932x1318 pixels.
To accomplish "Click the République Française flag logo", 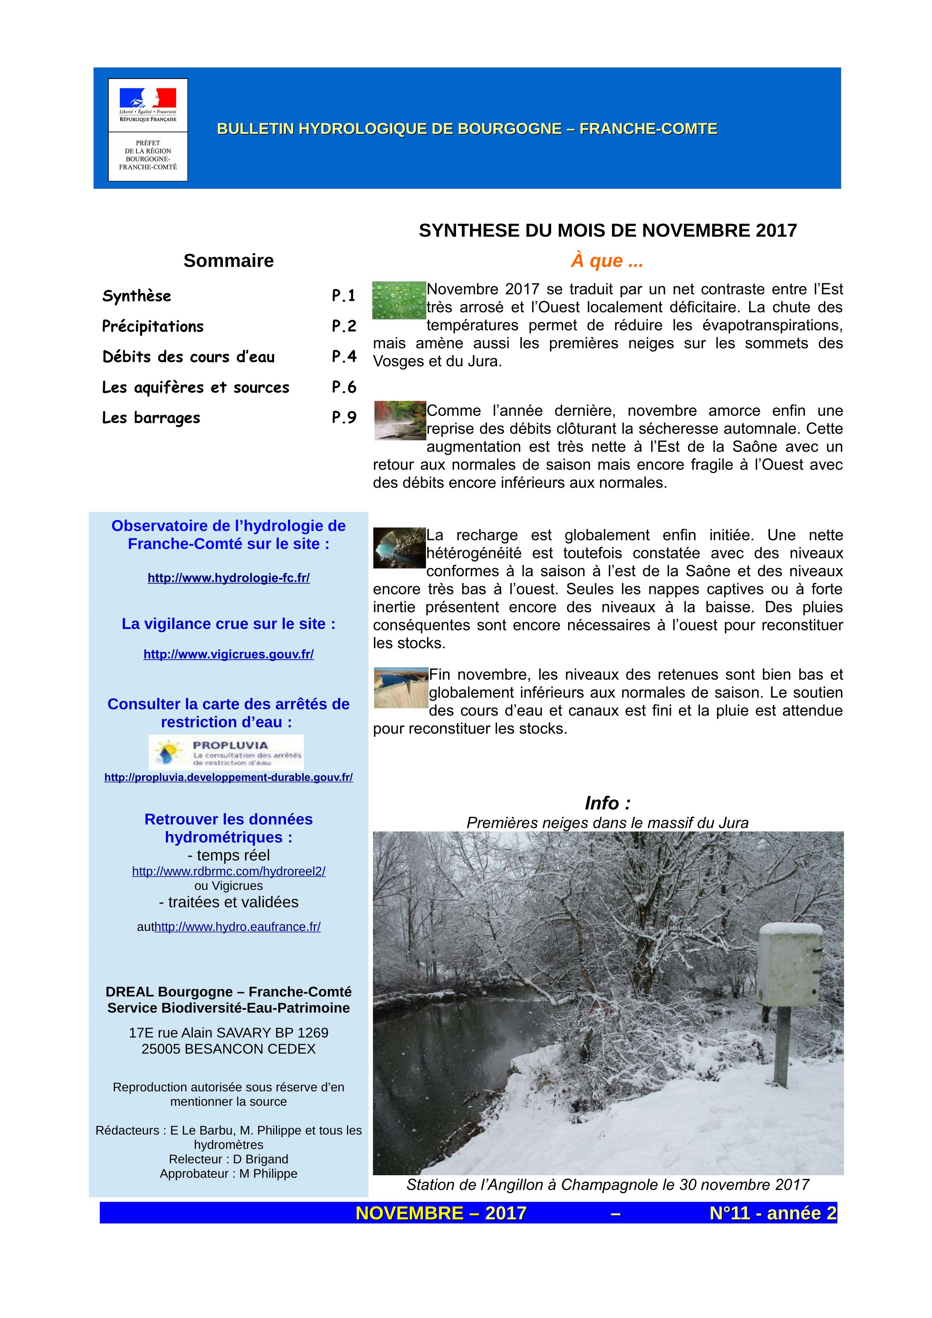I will pyautogui.click(x=148, y=98).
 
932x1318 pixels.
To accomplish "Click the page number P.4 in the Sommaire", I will pyautogui.click(x=344, y=357).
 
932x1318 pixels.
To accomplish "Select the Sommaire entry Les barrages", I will pyautogui.click(x=151, y=417).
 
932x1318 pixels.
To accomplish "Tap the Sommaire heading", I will pyautogui.click(x=229, y=261).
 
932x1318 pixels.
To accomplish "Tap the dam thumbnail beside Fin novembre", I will pyautogui.click(x=401, y=687).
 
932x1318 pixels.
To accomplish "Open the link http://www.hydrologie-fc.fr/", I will pyautogui.click(x=229, y=578).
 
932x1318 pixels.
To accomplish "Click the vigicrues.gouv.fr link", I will pyautogui.click(x=229, y=654).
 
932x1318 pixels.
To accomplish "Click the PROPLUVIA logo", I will pyautogui.click(x=226, y=752).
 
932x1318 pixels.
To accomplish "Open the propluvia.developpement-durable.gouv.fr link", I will pyautogui.click(x=229, y=778).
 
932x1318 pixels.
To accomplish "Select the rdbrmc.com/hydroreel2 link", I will pyautogui.click(x=229, y=871).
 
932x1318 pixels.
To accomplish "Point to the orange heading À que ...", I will pyautogui.click(x=607, y=261).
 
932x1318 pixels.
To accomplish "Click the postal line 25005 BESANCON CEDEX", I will pyautogui.click(x=229, y=1049).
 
